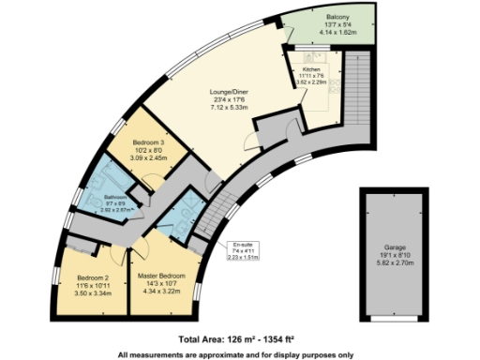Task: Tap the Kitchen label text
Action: tap(310, 68)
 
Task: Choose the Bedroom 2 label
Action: tap(94, 277)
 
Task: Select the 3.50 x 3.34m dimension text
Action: tap(94, 292)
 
